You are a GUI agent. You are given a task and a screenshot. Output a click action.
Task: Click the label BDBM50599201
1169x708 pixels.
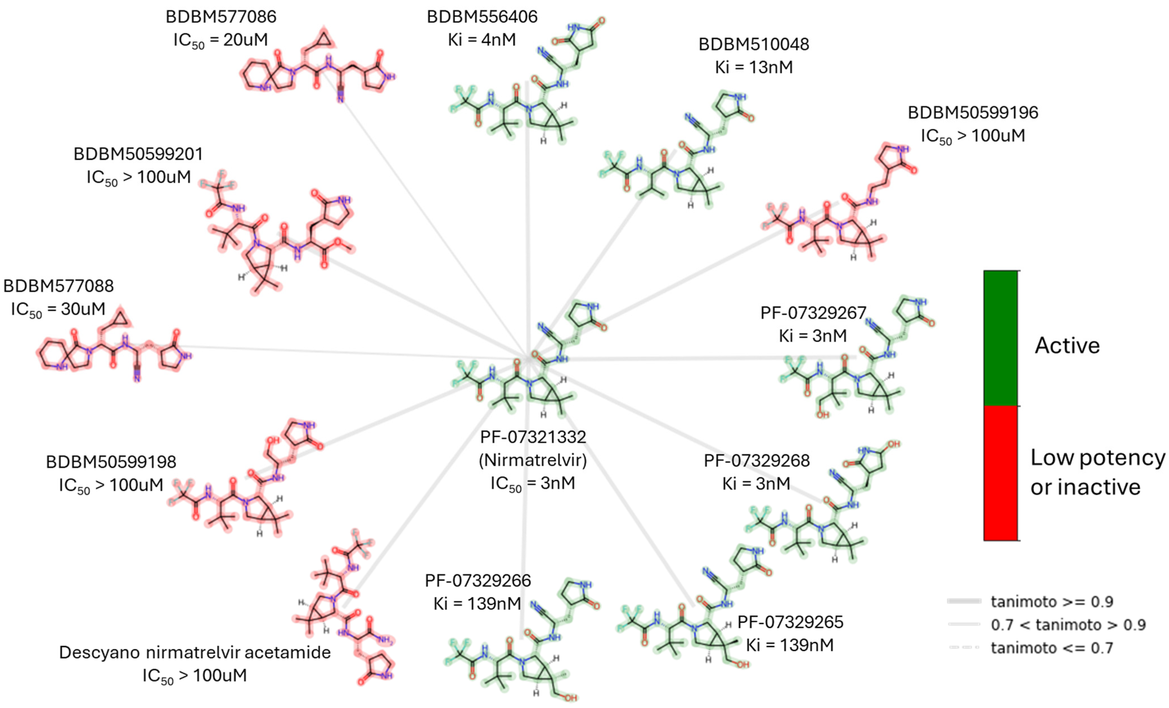pyautogui.click(x=138, y=154)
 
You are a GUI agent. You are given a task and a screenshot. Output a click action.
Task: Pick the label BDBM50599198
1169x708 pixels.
pyautogui.click(x=111, y=462)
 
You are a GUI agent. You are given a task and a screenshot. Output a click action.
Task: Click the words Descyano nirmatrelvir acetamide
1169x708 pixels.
pyautogui.click(x=195, y=653)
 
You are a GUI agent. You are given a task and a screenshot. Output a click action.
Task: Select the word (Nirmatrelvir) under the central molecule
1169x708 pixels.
pyautogui.click(x=533, y=460)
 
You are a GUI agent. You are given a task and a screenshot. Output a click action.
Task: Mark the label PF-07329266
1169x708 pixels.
pyautogui.click(x=478, y=580)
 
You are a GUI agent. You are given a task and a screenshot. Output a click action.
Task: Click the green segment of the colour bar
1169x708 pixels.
pyautogui.click(x=1000, y=338)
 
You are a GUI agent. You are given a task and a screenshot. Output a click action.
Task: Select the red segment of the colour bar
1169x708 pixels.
pyautogui.click(x=1000, y=473)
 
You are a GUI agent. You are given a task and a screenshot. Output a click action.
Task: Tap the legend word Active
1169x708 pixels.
pyautogui.click(x=1067, y=346)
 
